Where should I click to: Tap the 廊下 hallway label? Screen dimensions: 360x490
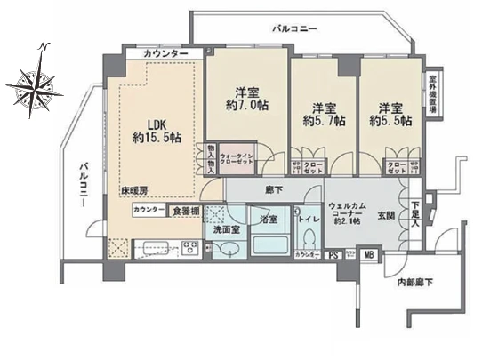[x=274, y=189]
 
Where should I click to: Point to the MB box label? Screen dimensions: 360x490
[x=370, y=257]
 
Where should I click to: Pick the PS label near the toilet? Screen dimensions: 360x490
[x=333, y=257]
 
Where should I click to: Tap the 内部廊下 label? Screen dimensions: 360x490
[x=414, y=283]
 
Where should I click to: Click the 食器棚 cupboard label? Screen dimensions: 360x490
[x=186, y=211]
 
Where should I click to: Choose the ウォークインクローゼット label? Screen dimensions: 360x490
[x=237, y=160]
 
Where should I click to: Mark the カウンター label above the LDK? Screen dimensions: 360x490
[x=169, y=55]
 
